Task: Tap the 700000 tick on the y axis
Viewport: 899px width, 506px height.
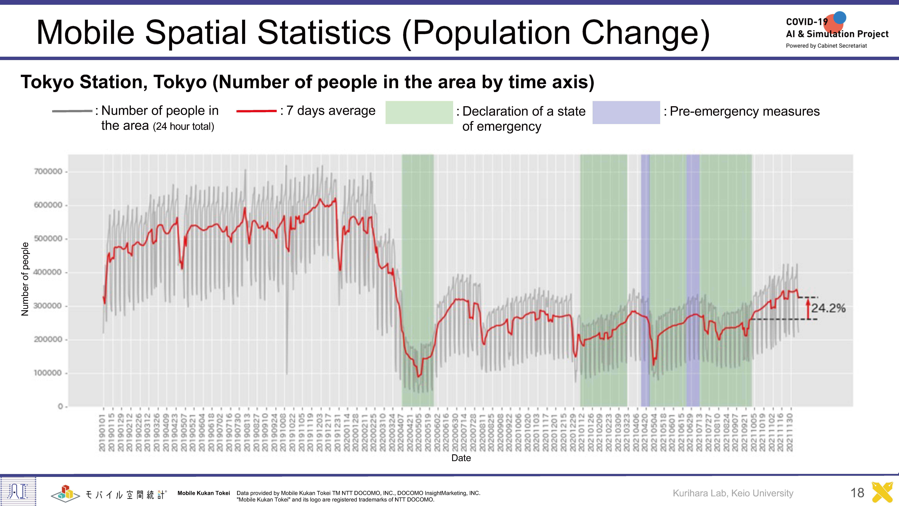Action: coord(48,171)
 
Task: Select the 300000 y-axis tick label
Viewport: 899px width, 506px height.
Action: coord(48,306)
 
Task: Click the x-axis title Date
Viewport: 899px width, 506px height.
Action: coord(461,458)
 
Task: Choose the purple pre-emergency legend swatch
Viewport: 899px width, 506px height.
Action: coord(626,112)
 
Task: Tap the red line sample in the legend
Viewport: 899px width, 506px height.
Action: coord(257,111)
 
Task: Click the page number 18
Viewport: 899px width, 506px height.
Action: coord(857,493)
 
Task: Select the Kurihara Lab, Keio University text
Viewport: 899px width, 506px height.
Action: coord(733,493)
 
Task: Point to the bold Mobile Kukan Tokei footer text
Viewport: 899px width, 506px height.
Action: coord(204,493)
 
